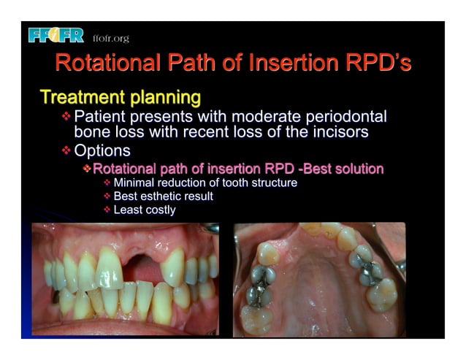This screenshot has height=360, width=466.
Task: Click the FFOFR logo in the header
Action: (x=56, y=35)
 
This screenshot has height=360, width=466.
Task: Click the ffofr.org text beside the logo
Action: (x=110, y=38)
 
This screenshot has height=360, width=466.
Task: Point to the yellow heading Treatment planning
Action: (x=120, y=96)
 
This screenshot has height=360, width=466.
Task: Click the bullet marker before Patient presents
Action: (x=67, y=117)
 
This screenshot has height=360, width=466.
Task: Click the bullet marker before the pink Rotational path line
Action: (x=87, y=169)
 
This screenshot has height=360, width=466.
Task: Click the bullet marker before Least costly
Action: (x=107, y=210)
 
